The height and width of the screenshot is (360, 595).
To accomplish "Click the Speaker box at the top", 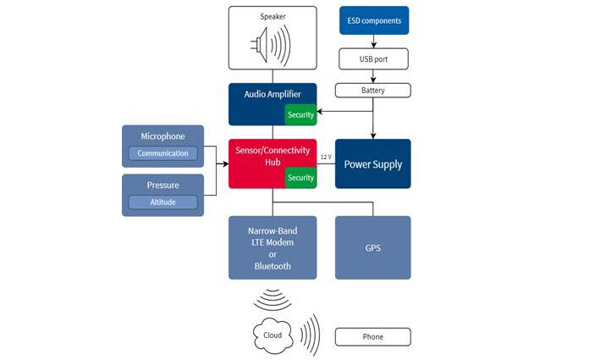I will [272, 37].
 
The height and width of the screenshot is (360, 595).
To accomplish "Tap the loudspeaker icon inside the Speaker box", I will [272, 46].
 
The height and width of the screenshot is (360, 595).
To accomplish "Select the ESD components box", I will [373, 20].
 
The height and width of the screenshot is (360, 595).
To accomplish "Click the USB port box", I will [373, 58].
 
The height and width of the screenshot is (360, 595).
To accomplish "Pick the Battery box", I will [373, 90].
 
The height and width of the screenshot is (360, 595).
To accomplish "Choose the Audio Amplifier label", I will [267, 95].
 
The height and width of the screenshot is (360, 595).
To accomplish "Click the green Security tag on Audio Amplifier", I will [300, 115].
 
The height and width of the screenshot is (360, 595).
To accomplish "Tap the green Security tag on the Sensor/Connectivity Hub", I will [300, 178].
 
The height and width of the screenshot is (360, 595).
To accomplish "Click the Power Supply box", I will [373, 164].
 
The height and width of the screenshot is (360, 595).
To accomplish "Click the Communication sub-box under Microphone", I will [163, 153].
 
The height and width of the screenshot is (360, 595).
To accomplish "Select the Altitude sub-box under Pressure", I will [163, 202].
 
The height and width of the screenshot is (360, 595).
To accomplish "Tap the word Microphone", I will [163, 136].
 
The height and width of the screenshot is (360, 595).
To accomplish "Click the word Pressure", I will [163, 186].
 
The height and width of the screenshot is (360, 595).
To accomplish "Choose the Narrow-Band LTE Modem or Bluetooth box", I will [273, 247].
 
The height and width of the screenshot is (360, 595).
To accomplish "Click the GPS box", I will [373, 247].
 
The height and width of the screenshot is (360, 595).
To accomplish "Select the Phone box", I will [373, 337].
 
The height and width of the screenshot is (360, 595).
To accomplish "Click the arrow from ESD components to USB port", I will [373, 42].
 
